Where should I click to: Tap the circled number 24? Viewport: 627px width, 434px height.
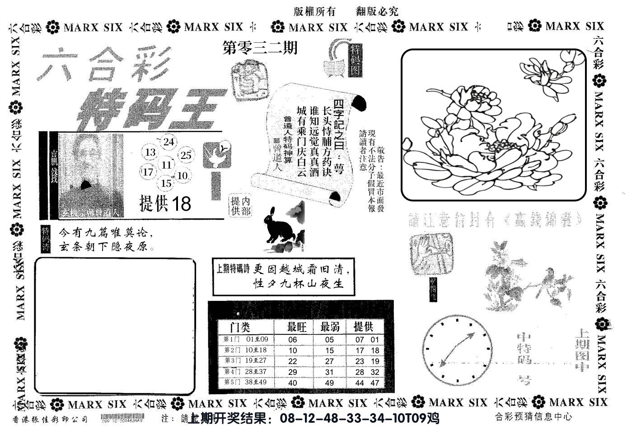pos(168,142)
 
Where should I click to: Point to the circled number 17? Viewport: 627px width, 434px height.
pos(148,172)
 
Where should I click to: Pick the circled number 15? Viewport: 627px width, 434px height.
pos(166,183)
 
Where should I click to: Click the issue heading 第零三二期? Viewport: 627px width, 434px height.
pos(260,47)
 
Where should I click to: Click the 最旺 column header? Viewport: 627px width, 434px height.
pos(297,326)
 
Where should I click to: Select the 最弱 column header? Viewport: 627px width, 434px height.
pos(330,326)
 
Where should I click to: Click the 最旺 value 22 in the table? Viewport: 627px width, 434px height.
pos(293,361)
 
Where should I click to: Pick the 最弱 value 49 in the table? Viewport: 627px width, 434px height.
pos(329,383)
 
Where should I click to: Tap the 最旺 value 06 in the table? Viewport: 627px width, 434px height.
pos(293,340)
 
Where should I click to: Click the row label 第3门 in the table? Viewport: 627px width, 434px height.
pos(231,361)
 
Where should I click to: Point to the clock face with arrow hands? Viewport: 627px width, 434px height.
pos(458,349)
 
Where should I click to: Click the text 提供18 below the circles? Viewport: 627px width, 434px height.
pos(165,204)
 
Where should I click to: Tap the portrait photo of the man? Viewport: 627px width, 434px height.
pos(91,174)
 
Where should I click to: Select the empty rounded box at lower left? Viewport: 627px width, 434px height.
pos(115,326)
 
